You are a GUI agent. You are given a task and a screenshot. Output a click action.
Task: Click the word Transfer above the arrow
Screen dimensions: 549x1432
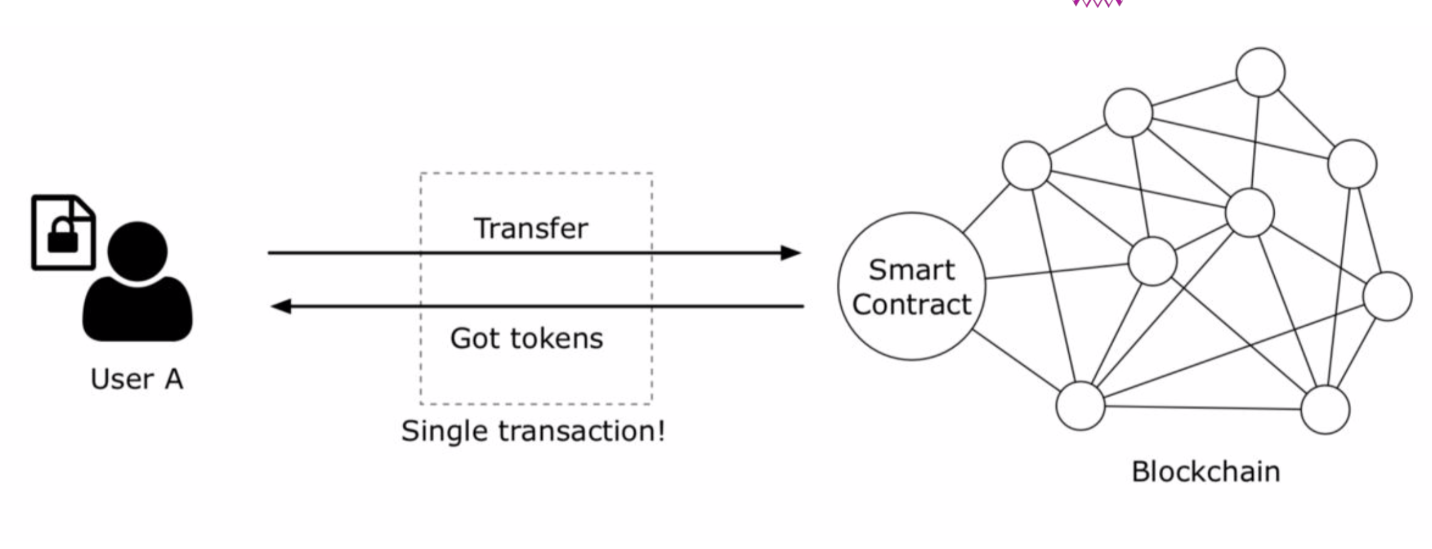[x=531, y=228]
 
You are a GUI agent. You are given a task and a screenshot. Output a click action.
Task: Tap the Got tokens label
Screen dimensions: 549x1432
[x=526, y=338]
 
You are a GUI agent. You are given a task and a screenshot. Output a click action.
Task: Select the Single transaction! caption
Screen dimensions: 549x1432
[x=533, y=431]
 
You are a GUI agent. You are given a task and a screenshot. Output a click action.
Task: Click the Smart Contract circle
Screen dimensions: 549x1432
[x=911, y=286]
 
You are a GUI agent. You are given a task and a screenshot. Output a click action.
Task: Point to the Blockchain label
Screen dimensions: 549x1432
[x=1205, y=472]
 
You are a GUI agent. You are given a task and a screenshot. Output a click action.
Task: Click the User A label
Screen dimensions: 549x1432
[x=137, y=379]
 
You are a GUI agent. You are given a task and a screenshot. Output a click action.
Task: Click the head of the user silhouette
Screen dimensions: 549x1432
[x=138, y=251]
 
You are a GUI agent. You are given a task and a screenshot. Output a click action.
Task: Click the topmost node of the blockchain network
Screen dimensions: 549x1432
[x=1260, y=72]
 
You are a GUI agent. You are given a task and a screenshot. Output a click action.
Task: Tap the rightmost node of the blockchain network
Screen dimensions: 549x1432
[x=1387, y=296]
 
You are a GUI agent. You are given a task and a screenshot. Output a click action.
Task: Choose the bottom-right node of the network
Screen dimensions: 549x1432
[x=1325, y=410]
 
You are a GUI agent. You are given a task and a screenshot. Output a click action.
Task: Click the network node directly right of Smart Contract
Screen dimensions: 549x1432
[x=1152, y=261]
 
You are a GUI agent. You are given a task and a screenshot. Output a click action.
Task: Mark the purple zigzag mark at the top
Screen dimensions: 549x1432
[x=1097, y=3]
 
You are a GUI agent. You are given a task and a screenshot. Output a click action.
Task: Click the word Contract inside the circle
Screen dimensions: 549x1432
[x=911, y=305]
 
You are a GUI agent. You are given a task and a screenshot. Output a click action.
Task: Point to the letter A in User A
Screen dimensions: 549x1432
[x=174, y=379]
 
